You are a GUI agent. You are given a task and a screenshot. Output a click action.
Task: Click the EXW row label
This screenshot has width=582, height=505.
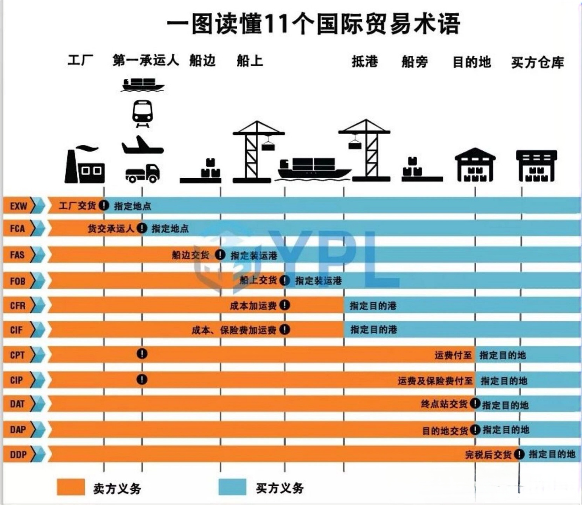18,206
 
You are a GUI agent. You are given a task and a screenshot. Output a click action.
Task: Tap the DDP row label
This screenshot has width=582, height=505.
18,454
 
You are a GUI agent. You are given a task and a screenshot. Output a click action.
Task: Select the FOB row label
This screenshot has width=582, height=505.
18,281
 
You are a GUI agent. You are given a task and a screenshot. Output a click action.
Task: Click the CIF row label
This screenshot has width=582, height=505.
16,330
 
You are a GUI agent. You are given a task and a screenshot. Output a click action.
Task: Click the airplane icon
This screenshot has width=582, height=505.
142,145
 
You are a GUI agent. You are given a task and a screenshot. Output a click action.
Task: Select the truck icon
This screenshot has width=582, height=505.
142,173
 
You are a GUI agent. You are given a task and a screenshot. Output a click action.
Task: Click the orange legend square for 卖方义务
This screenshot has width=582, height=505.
71,487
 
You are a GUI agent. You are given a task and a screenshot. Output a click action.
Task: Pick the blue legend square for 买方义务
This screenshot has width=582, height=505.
232,487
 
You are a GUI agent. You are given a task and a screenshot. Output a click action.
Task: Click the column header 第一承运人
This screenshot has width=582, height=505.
145,60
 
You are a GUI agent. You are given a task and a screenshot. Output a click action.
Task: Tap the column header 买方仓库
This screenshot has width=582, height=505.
538,62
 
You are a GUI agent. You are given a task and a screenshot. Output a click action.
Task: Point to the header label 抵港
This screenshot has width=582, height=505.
364,61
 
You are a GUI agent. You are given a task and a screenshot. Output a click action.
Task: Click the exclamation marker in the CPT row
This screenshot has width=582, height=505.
142,353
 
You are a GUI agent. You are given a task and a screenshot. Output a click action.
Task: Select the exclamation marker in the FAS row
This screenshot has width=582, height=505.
220,255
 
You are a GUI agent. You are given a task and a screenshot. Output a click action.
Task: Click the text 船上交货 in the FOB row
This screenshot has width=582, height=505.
258,280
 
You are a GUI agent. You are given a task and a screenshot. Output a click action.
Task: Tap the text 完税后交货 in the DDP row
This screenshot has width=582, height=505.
488,454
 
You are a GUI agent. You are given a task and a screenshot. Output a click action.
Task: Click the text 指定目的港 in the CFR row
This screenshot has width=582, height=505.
373,306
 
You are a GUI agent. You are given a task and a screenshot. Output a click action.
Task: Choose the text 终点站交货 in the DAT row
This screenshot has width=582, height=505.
444,404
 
